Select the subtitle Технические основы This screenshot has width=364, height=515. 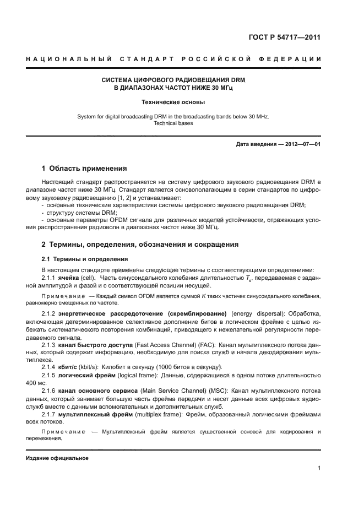(x=173, y=102)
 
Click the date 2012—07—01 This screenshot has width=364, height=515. (x=302, y=145)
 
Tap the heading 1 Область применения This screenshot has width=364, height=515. (x=85, y=169)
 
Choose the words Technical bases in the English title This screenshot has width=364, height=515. (x=173, y=123)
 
